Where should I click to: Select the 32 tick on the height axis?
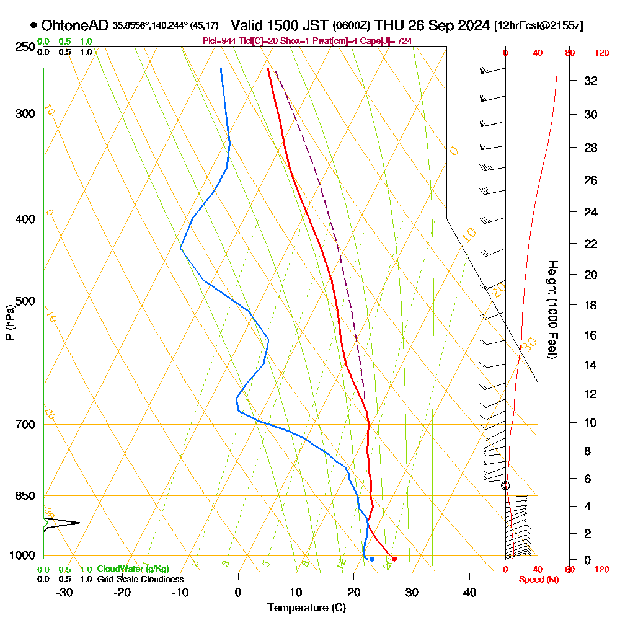tap(591, 81)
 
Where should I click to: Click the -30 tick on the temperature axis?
tap(64, 592)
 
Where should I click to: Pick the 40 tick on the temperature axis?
tap(469, 592)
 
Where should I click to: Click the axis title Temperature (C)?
tap(306, 608)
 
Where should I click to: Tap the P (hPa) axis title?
tap(9, 322)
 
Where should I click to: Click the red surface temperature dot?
tap(394, 559)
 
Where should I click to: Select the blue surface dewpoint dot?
tap(371, 559)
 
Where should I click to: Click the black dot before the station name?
tap(33, 25)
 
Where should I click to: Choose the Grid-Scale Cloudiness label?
tap(139, 579)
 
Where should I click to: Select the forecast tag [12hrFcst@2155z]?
tap(538, 26)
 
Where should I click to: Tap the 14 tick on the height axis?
tap(591, 365)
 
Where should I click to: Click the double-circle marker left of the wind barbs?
tap(505, 485)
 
